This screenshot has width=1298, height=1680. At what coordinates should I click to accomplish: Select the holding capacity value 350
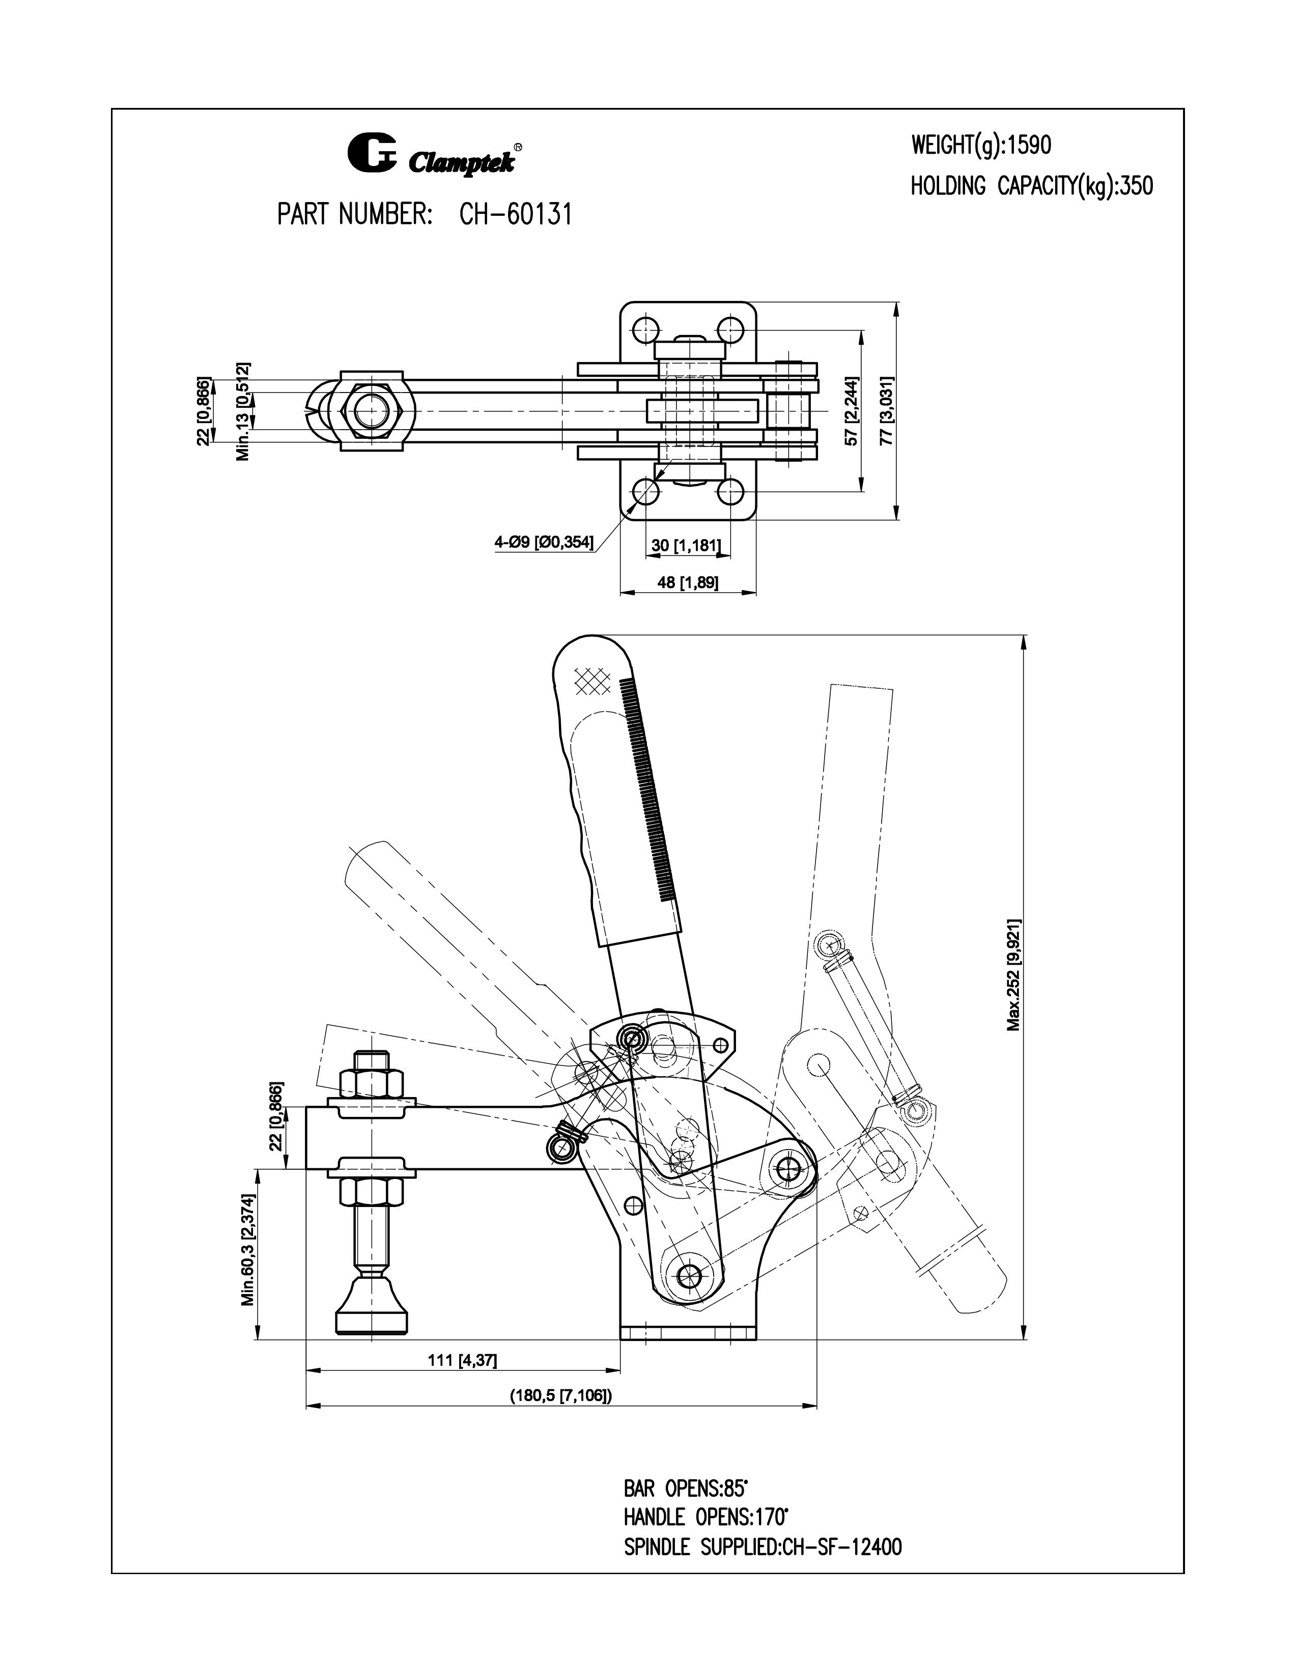tap(1137, 186)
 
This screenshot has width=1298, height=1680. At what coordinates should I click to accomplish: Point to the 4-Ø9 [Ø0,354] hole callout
tap(544, 542)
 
